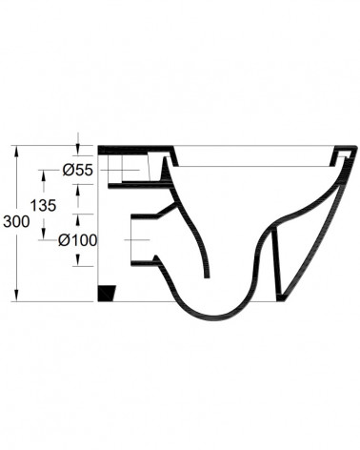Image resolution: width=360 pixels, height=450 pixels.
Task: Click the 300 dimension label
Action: [x=16, y=221]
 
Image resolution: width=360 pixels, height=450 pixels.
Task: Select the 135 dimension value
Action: [x=43, y=206]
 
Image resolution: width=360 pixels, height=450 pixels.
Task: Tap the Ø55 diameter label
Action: [x=78, y=171]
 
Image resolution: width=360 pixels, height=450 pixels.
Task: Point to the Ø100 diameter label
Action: [x=77, y=240]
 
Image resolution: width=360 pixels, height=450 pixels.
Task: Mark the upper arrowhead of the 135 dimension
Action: [x=44, y=175]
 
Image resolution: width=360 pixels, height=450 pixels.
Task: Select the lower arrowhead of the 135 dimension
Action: [x=44, y=234]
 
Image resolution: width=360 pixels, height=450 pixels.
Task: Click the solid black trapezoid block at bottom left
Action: [x=107, y=294]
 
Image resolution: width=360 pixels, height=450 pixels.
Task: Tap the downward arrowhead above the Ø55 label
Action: [x=78, y=151]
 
